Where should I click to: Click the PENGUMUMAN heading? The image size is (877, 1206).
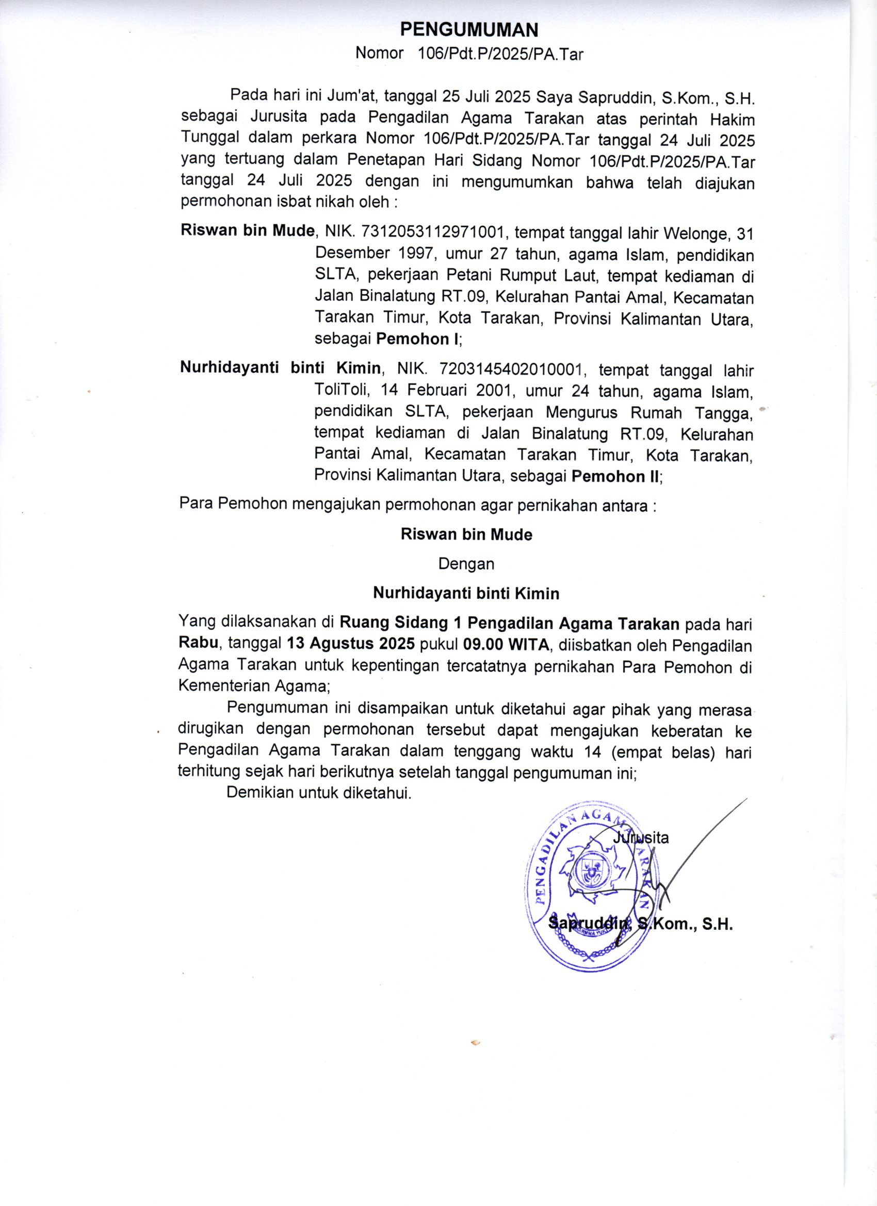click(x=469, y=30)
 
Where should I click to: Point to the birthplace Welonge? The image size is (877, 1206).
click(x=691, y=232)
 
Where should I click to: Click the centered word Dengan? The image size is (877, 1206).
click(x=466, y=564)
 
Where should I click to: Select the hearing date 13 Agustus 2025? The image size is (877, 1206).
click(x=351, y=643)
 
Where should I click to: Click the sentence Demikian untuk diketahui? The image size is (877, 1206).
click(x=319, y=793)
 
